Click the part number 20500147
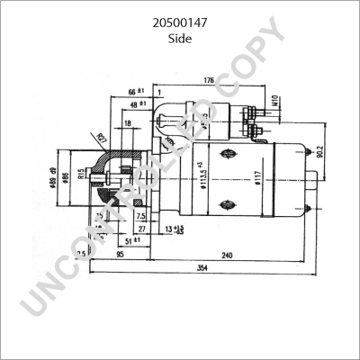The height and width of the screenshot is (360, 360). click(179, 15)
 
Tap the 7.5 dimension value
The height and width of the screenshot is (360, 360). click(140, 216)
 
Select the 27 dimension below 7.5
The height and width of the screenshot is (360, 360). click(141, 229)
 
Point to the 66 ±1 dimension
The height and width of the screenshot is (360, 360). click(135, 93)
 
